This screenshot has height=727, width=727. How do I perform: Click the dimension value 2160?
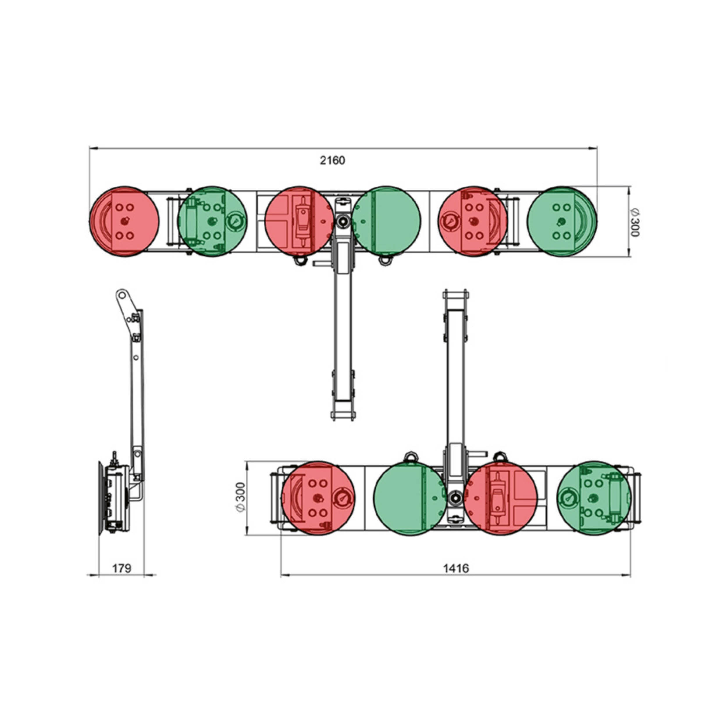pyautogui.click(x=332, y=161)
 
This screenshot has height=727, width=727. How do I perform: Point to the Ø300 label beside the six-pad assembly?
pyautogui.click(x=635, y=222)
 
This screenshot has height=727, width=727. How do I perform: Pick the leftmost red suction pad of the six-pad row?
pyautogui.click(x=124, y=221)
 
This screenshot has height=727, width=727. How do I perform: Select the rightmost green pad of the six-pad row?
pyautogui.click(x=562, y=221)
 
